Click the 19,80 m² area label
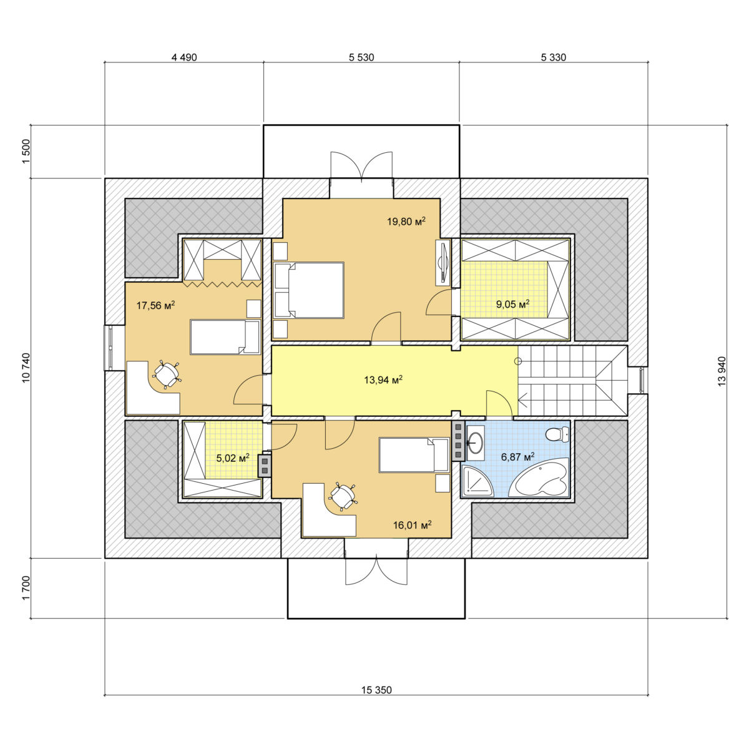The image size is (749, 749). coord(406,222)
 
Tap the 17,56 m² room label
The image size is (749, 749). coord(155,305)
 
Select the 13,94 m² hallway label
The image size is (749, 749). coord(383,379)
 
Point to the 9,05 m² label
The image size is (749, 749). coord(512,304)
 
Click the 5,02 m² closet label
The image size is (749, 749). coord(232,458)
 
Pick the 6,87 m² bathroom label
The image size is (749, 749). coord(517,457)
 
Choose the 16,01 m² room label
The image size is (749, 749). coord(412,526)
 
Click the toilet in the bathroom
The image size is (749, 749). coord(557,434)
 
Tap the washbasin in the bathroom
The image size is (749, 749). coord(475,441)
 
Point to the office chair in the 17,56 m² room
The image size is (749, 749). coord(167,374)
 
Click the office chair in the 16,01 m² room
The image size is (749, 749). coord(343,496)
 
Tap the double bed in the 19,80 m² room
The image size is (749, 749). coord(309,290)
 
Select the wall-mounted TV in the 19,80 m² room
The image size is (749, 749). coord(443,262)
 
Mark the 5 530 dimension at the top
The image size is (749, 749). coord(361,57)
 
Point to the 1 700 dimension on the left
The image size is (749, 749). coord(26,588)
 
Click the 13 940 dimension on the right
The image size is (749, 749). coord(722,371)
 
